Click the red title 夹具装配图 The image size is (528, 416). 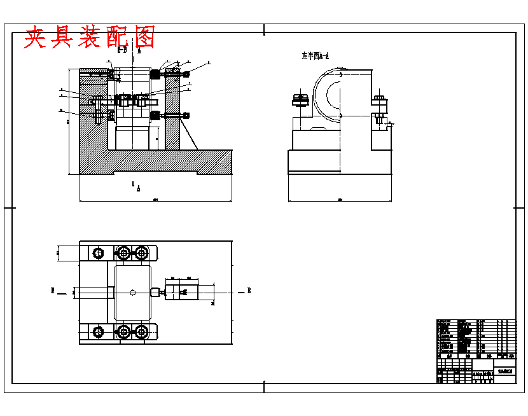[x=90, y=38]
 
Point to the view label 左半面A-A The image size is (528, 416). [x=316, y=56]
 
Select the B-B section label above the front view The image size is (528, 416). [x=123, y=49]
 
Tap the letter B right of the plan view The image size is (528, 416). [x=249, y=291]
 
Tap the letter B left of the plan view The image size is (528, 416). [x=53, y=291]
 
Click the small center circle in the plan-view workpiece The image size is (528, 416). [x=132, y=292]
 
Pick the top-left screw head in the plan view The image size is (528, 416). [x=98, y=253]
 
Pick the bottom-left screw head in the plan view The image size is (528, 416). [x=98, y=331]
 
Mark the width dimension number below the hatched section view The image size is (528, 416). [x=155, y=200]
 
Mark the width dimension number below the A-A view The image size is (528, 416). [x=340, y=200]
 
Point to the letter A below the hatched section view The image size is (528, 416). [x=138, y=189]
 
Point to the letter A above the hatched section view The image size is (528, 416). [x=139, y=50]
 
